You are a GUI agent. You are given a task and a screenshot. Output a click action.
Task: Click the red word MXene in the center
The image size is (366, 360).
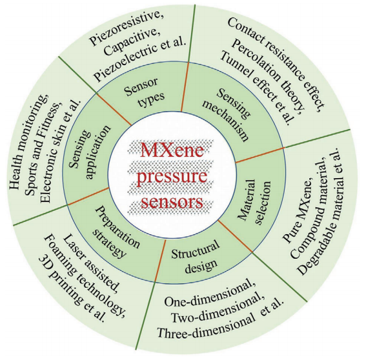click(x=172, y=150)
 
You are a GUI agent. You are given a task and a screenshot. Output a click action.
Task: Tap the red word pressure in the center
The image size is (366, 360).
click(x=172, y=177)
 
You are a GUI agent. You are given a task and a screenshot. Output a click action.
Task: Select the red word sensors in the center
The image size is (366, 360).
click(x=172, y=201)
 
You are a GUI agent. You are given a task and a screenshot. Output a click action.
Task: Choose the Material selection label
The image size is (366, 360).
click(x=254, y=201)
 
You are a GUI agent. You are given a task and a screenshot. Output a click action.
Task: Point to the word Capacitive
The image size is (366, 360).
click(x=132, y=43)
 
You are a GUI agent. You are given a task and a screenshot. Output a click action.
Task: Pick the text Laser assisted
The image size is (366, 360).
click(x=91, y=264)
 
